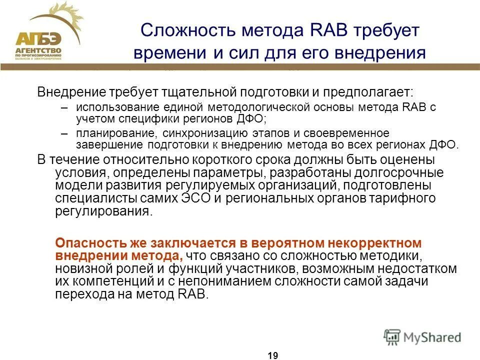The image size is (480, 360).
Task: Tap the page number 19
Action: [272, 355]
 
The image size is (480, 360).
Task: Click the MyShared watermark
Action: [422, 336]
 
